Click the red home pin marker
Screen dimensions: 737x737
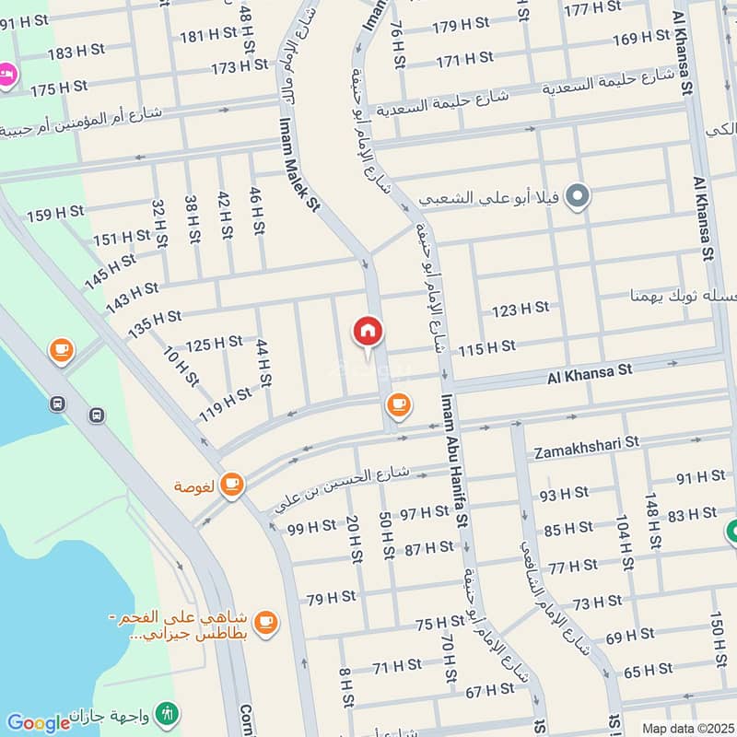click(x=368, y=333)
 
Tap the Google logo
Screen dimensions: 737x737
click(x=39, y=722)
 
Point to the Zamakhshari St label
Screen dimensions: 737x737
click(x=587, y=442)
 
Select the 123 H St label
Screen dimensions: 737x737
click(x=520, y=309)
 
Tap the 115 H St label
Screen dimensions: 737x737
click(x=486, y=347)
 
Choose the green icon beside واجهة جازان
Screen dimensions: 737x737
click(x=169, y=713)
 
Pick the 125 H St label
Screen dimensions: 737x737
click(x=214, y=345)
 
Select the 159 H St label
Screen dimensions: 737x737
click(x=55, y=215)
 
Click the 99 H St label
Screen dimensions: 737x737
click(x=311, y=528)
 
